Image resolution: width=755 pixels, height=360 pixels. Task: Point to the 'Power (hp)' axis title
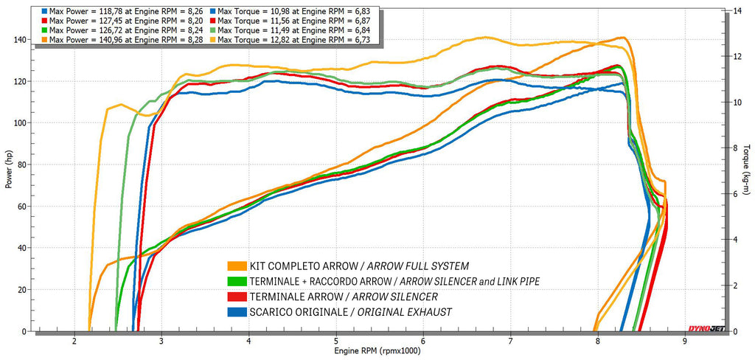(x=10, y=170)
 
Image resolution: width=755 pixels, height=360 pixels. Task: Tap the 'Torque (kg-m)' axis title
(x=746, y=170)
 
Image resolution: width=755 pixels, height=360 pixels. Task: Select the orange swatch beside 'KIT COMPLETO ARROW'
(x=237, y=266)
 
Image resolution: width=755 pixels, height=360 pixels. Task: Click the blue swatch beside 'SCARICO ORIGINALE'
(x=237, y=312)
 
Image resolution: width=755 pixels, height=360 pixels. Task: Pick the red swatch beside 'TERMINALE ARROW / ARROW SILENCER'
(x=237, y=297)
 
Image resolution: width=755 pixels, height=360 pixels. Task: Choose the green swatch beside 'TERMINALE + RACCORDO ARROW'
(x=237, y=281)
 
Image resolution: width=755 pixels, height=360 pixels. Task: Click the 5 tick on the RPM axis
(x=336, y=342)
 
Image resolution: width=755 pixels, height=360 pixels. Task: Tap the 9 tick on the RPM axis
(x=685, y=342)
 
